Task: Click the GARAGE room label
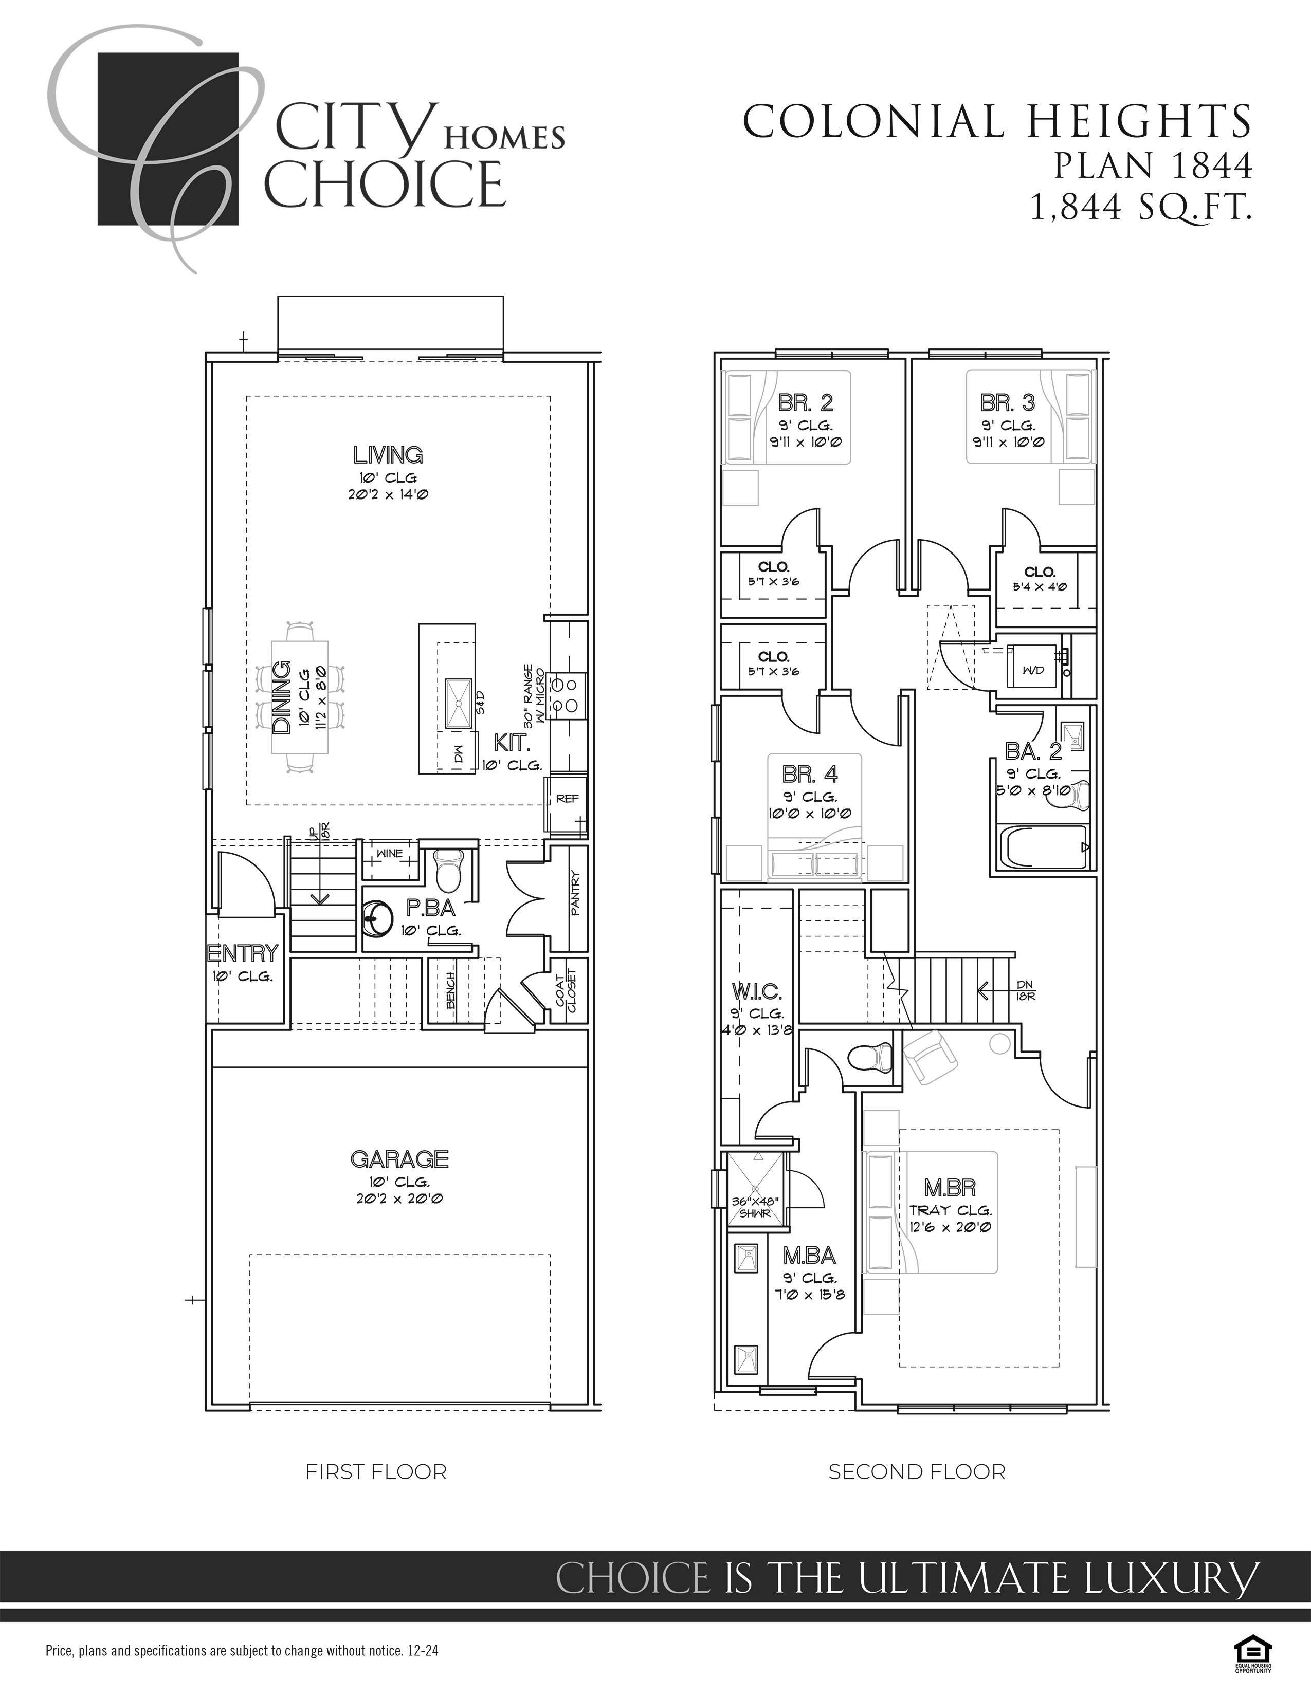[399, 1159]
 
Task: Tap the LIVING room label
[388, 455]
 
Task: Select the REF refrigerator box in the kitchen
[566, 799]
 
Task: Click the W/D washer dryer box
[1033, 669]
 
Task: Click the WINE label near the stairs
[389, 854]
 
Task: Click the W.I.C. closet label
[756, 992]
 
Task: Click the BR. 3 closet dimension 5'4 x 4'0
[1039, 587]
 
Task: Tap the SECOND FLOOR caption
[917, 1471]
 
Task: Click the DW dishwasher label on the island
[458, 754]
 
